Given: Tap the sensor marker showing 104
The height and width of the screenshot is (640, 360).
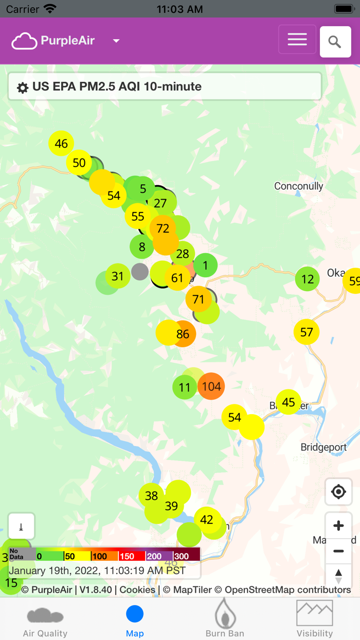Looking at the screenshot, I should coord(211,386).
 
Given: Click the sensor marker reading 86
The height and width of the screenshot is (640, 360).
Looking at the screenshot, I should coord(183,334).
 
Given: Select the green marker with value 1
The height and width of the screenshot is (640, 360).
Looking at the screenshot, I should coord(205,265).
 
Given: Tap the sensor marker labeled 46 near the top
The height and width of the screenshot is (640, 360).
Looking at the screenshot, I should coord(61,144).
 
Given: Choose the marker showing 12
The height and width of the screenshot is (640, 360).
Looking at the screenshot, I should coord(308,279).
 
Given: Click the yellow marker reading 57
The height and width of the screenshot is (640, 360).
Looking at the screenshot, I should coord(307,332).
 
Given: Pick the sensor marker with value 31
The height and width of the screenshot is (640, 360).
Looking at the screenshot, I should coord(118,276).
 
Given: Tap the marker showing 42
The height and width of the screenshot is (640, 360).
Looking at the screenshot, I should coord(207,520).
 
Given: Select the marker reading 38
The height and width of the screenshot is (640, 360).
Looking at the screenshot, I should coord(151,495).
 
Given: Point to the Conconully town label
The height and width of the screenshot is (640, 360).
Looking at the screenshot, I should coord(298,186).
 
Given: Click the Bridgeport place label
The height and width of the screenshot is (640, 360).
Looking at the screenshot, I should coord(323,447).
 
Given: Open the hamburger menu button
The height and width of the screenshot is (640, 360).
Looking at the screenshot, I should coord(297,40).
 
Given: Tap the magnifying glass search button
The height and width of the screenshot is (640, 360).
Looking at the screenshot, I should coord(335,42).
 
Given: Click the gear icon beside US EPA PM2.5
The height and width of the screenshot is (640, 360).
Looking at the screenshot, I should coord(23,87).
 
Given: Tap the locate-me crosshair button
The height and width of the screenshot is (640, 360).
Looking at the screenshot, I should coord(338,492).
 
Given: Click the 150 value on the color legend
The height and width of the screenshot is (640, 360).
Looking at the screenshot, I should coord(127,556).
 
